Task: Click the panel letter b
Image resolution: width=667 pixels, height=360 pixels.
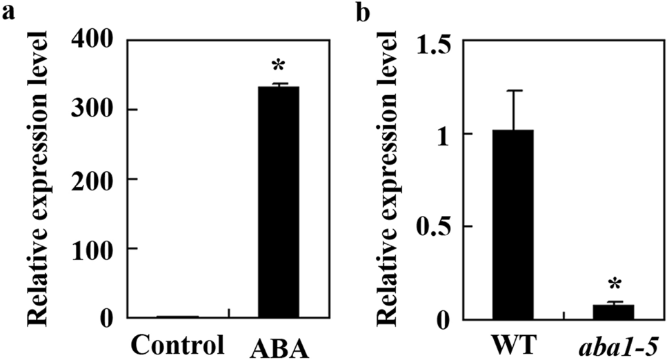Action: tap(361, 12)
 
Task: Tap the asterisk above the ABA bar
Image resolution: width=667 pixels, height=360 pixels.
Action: tap(278, 68)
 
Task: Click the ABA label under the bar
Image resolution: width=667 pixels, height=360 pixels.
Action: tap(278, 344)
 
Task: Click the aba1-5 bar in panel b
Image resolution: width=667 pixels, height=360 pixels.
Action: tap(613, 312)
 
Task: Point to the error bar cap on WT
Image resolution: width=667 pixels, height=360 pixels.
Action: tap(513, 90)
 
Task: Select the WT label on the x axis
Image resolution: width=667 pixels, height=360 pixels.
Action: tap(512, 343)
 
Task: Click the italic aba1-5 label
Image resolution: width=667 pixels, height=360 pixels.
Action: tap(613, 343)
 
